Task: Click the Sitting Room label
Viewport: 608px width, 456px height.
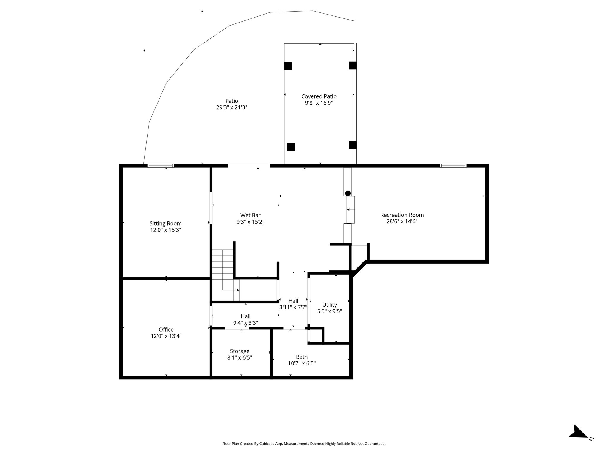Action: (x=165, y=224)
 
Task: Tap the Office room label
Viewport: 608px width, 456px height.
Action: (x=166, y=330)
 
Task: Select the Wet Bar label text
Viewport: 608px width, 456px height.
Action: (x=250, y=215)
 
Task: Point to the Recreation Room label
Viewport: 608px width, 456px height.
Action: (x=402, y=215)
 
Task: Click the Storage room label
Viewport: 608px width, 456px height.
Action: (x=240, y=351)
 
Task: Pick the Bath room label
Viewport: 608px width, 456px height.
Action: (x=302, y=357)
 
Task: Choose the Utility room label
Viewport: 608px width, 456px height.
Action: (x=330, y=305)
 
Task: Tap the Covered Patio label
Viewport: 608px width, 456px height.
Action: (x=319, y=96)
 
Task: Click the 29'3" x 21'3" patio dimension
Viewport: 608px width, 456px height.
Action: (x=232, y=107)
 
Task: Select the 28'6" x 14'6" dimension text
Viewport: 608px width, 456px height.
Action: (x=402, y=221)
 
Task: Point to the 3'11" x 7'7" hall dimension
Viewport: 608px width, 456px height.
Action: (x=293, y=308)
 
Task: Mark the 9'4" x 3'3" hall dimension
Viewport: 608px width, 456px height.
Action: (x=246, y=323)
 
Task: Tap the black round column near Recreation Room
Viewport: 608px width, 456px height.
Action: (x=348, y=193)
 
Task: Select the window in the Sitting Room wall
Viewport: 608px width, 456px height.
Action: (x=161, y=166)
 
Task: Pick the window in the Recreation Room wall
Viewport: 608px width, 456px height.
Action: (x=453, y=166)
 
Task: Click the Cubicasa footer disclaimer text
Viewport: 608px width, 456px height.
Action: (x=304, y=444)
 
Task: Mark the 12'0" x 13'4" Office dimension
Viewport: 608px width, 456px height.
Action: (x=166, y=336)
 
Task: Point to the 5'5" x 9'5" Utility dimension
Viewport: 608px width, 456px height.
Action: (x=330, y=311)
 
